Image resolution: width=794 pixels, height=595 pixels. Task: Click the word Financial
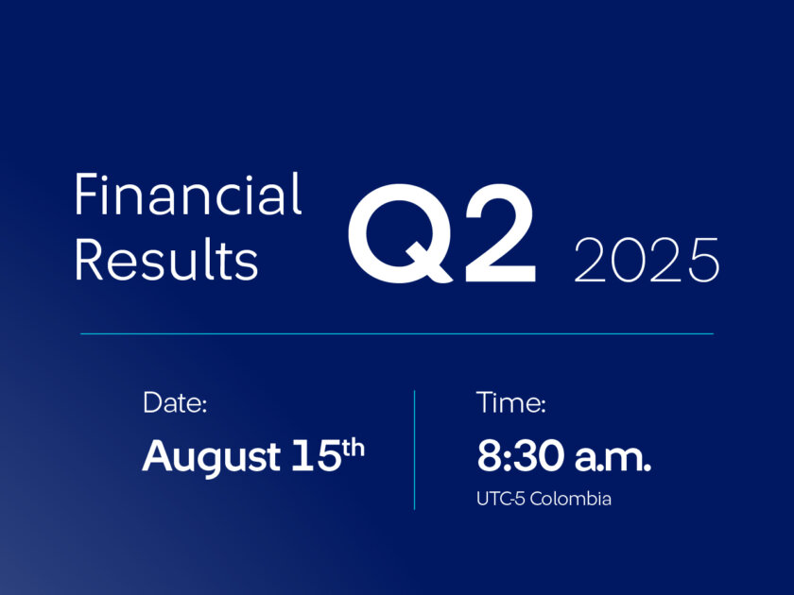[x=188, y=194]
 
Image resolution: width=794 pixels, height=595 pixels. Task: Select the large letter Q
[x=400, y=233]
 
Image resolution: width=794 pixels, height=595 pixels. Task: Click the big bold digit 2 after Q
[x=500, y=232]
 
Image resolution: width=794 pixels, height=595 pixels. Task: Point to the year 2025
[x=647, y=260]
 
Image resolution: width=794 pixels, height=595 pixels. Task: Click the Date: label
[x=175, y=403]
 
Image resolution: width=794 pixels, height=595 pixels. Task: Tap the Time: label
[x=511, y=403]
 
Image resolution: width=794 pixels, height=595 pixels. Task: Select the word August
[x=211, y=457]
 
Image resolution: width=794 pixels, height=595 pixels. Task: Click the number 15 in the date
[x=317, y=455]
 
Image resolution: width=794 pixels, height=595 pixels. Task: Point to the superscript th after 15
[x=354, y=449]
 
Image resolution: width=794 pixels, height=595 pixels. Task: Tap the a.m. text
[x=613, y=458]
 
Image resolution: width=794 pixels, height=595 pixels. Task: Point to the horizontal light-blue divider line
[x=397, y=334]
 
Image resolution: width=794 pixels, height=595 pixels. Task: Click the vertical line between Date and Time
[x=414, y=450]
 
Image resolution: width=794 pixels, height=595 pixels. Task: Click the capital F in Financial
[x=87, y=195]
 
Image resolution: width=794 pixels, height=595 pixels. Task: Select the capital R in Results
[x=90, y=259]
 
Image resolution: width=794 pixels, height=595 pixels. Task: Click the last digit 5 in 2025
[x=703, y=260]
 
